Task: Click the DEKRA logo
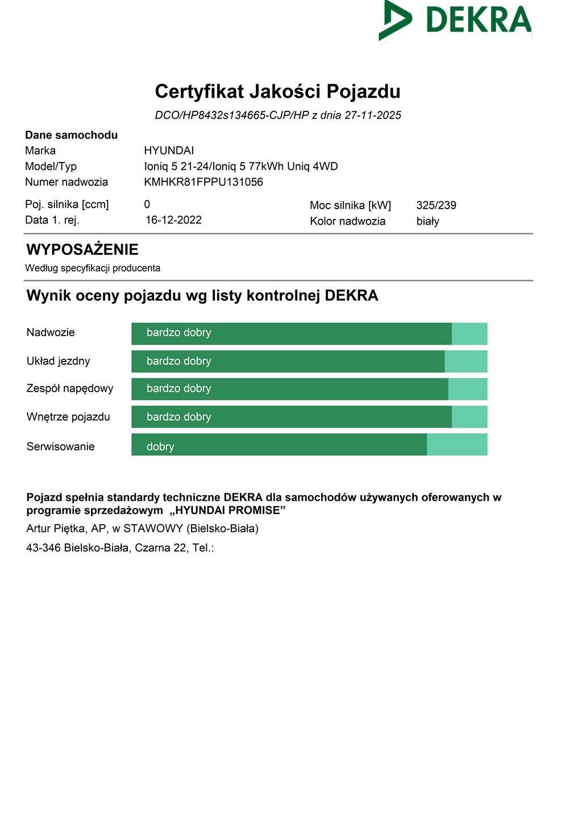455,20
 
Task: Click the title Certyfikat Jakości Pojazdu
277,92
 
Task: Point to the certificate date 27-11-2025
373,115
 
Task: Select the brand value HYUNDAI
169,151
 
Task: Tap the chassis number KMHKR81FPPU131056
203,182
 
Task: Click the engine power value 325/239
436,205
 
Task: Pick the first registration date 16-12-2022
173,220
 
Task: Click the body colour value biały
427,221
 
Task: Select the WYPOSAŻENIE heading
82,250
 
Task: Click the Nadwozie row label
51,333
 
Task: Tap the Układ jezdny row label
58,361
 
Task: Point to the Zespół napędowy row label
70,389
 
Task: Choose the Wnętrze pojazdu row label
68,417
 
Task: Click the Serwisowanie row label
60,446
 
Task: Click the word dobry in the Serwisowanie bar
160,446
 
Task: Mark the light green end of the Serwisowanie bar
457,445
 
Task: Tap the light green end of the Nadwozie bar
469,334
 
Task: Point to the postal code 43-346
43,548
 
